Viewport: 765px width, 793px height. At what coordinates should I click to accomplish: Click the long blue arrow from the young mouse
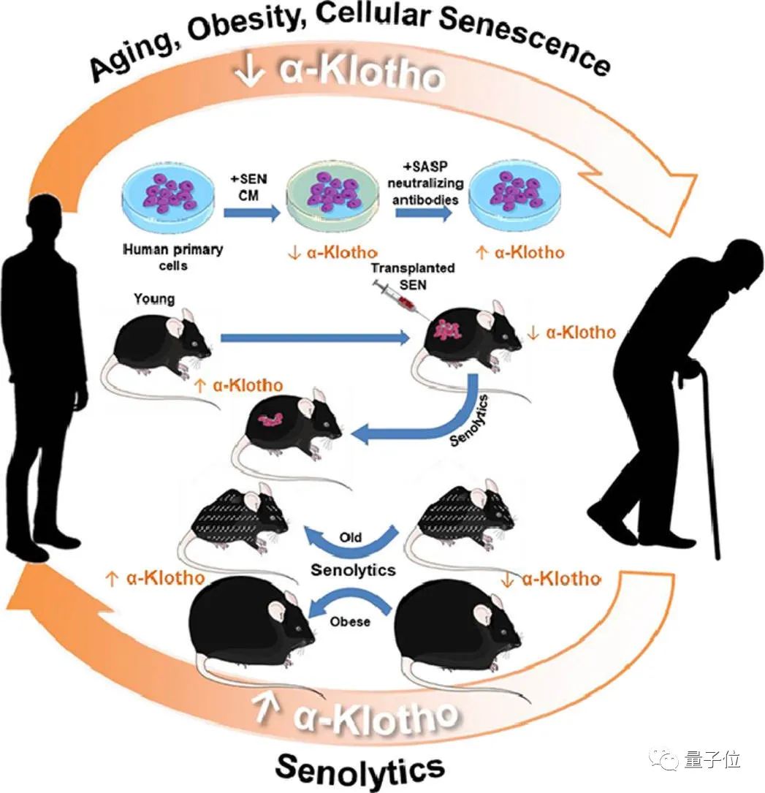314,338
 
